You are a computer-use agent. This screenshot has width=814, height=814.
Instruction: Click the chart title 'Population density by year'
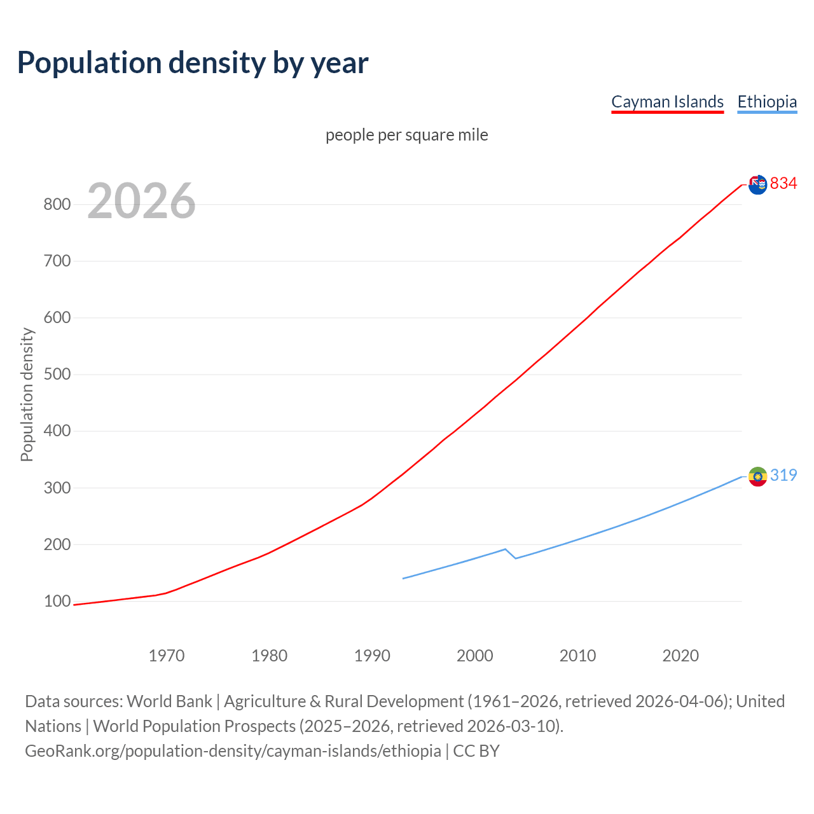(193, 62)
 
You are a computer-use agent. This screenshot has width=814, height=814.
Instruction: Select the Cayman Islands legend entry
(667, 102)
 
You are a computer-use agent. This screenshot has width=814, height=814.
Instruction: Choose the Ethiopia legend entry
(767, 102)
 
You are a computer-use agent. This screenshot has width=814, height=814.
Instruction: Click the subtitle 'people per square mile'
(406, 135)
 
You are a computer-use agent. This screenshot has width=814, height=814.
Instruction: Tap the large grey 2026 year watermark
(141, 201)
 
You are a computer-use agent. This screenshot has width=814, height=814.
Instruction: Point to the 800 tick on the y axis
(57, 204)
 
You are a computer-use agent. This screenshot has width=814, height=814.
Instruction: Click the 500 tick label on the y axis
(57, 374)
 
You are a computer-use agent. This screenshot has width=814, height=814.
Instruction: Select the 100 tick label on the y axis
(57, 601)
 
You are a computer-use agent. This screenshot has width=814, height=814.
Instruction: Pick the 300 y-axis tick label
(57, 488)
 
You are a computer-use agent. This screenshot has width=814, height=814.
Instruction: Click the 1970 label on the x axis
(167, 656)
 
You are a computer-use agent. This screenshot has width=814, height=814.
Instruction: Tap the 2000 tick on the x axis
(475, 656)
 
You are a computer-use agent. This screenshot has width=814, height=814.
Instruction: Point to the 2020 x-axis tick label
(680, 656)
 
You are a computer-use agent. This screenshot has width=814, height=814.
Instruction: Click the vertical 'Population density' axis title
(27, 394)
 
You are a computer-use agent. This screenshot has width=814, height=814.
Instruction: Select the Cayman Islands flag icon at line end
(757, 184)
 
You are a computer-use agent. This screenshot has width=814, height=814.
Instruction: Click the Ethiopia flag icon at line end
(757, 476)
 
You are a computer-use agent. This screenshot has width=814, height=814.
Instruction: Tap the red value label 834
(783, 183)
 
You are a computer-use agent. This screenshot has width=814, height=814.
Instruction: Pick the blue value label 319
(783, 475)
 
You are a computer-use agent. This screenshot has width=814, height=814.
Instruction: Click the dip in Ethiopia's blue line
(515, 558)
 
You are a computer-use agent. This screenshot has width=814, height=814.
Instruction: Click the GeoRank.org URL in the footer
(233, 751)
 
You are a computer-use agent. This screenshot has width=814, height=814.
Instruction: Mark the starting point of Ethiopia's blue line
(403, 578)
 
